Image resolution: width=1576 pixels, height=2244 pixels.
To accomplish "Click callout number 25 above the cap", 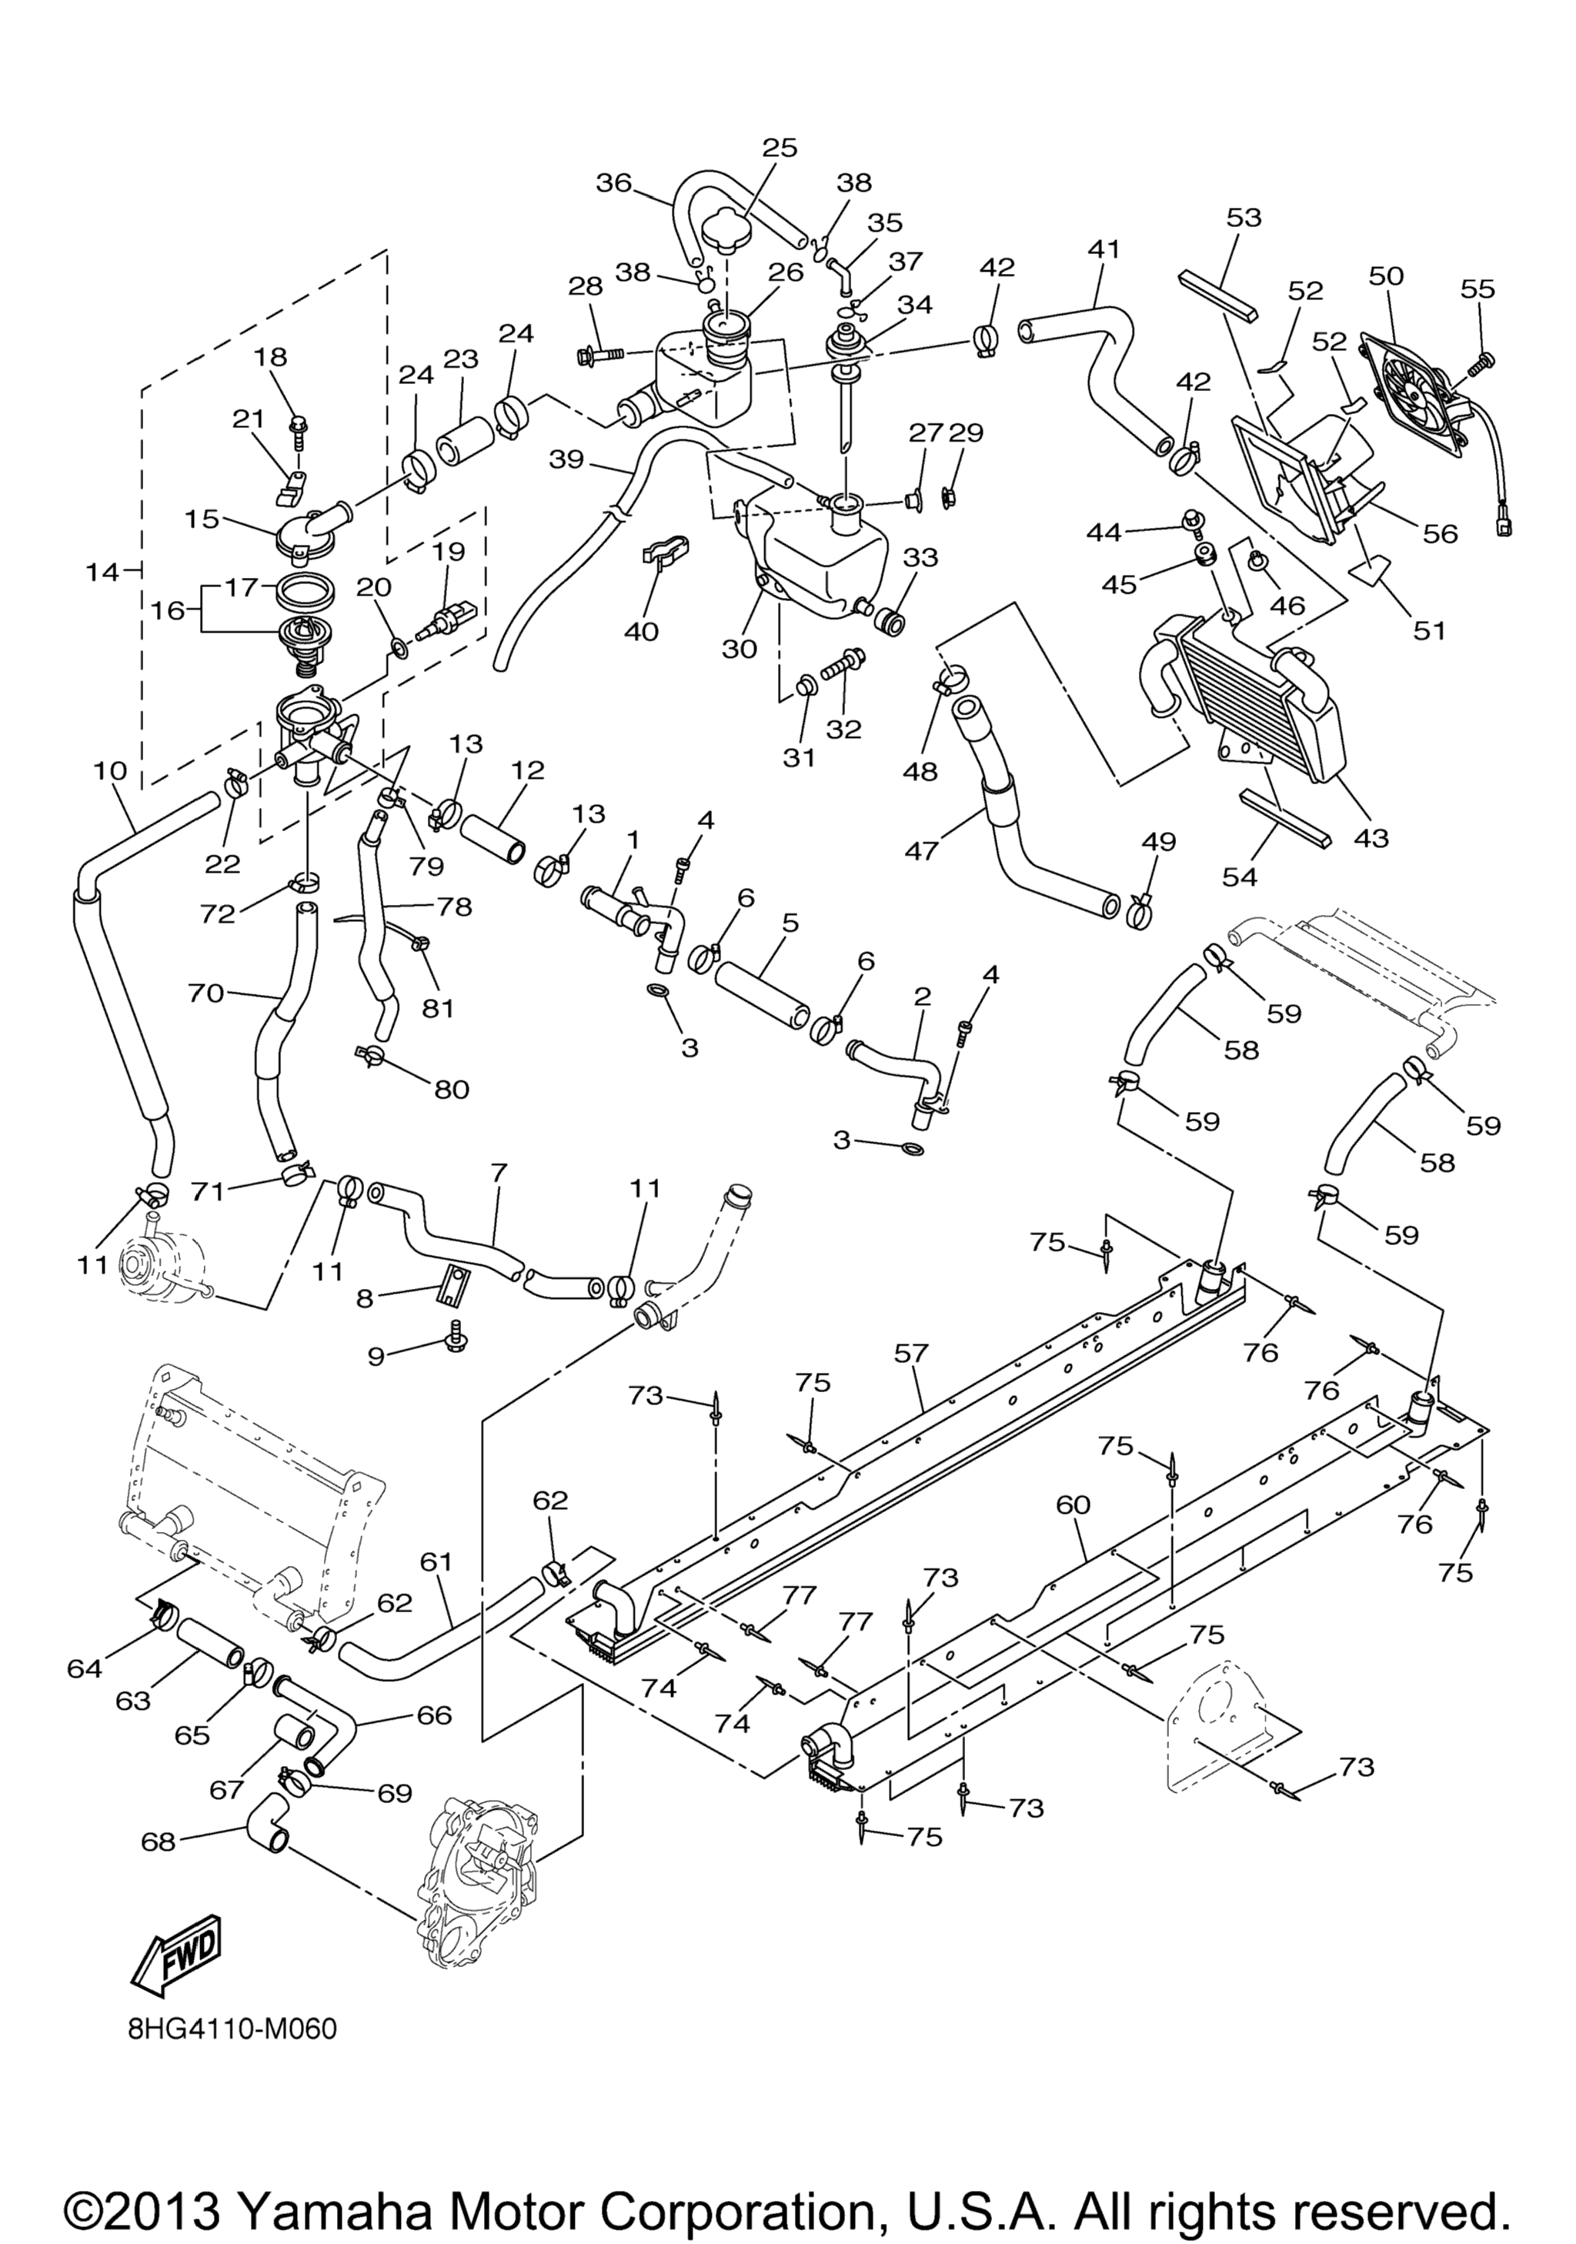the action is [x=780, y=148].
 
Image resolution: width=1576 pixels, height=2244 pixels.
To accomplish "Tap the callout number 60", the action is [x=1073, y=1505].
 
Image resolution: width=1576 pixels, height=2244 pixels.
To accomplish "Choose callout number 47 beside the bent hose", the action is [x=921, y=850].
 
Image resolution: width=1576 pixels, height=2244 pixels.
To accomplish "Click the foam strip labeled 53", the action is [x=1218, y=296].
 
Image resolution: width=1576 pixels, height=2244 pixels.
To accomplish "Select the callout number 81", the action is [x=438, y=1007].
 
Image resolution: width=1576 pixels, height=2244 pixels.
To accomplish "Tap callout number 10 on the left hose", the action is [x=110, y=770].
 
